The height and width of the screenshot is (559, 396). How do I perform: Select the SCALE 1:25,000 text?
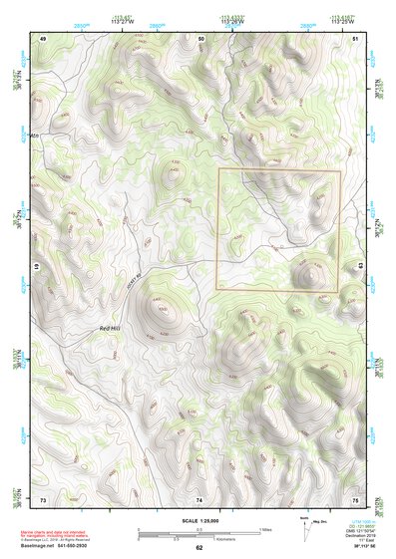(198, 519)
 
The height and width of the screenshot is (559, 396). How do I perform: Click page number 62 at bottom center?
(198, 547)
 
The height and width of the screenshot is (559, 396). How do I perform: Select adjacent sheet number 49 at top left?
(42, 37)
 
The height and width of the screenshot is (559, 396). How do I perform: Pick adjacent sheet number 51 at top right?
(356, 37)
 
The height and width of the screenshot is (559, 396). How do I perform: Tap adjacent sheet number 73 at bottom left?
(42, 498)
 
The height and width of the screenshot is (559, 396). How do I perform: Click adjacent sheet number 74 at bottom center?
(198, 498)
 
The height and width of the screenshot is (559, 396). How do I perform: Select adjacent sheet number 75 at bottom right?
(356, 498)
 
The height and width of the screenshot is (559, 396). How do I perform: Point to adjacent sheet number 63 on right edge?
(361, 266)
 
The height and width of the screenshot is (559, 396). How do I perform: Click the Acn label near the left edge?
(35, 135)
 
